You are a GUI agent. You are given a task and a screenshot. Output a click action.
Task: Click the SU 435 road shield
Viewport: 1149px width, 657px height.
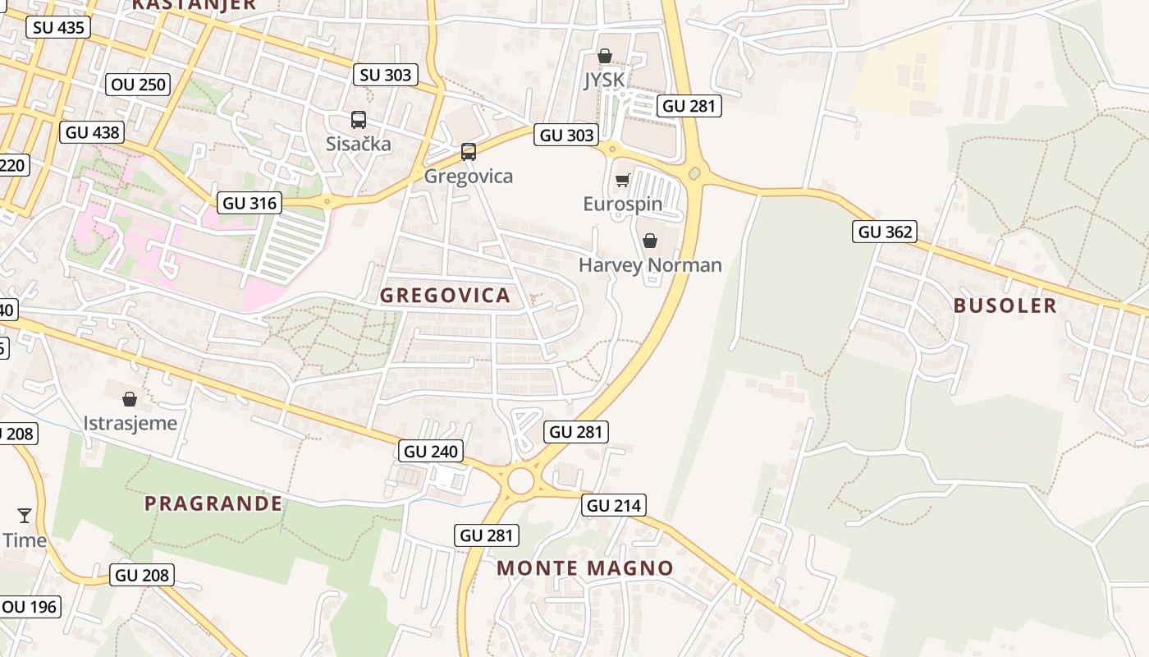pyautogui.click(x=58, y=27)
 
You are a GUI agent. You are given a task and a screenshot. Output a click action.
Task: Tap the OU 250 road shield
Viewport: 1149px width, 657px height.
pyautogui.click(x=139, y=84)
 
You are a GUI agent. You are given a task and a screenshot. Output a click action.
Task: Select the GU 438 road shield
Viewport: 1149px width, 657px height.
pyautogui.click(x=92, y=132)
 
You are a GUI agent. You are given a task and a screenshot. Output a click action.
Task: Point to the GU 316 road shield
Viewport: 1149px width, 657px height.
pyautogui.click(x=250, y=203)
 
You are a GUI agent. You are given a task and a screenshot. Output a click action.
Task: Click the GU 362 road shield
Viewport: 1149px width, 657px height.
pyautogui.click(x=884, y=232)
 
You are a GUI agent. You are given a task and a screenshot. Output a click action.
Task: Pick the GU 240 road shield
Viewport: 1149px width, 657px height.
pyautogui.click(x=432, y=451)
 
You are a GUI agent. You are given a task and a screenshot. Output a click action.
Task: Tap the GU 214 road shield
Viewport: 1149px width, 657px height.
pyautogui.click(x=614, y=505)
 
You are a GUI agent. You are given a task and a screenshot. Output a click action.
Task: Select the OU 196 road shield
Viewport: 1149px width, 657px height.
pyautogui.click(x=30, y=607)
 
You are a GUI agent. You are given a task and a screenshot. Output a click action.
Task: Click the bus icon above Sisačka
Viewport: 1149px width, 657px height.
pyautogui.click(x=359, y=120)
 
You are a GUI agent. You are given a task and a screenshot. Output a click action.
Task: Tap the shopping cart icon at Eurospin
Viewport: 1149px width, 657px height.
pyautogui.click(x=622, y=181)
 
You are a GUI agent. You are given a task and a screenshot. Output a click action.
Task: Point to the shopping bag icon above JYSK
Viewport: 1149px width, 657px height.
pyautogui.click(x=605, y=56)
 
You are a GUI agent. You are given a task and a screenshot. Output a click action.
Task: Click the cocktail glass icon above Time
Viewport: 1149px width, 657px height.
pyautogui.click(x=25, y=516)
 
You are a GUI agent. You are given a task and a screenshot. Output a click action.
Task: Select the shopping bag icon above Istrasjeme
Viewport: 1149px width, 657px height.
pyautogui.click(x=130, y=400)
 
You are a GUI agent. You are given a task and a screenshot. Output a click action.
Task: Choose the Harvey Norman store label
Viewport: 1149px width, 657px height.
pyautogui.click(x=650, y=265)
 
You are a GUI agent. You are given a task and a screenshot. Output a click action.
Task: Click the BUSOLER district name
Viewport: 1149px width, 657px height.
pyautogui.click(x=1005, y=306)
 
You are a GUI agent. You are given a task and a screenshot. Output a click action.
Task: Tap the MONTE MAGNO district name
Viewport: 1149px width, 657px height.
pyautogui.click(x=585, y=567)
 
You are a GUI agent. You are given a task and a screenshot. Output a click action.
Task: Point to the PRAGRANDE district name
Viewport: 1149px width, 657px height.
pyautogui.click(x=213, y=503)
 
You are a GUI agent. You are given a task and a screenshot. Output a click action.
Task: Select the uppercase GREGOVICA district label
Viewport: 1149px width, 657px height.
pyautogui.click(x=445, y=296)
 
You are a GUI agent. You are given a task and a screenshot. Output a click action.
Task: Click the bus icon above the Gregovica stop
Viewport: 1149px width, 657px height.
pyautogui.click(x=469, y=152)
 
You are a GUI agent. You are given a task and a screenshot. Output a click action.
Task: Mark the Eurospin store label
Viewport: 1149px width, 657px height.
pyautogui.click(x=623, y=204)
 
